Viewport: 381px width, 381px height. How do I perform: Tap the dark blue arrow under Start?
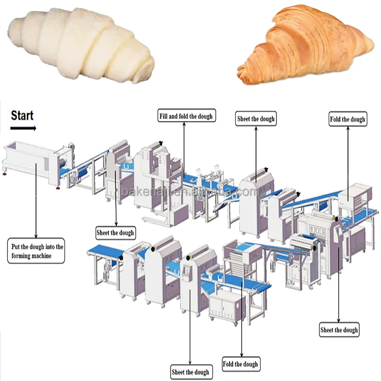pos(24,128)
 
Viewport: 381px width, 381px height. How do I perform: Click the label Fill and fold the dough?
pos(185,116)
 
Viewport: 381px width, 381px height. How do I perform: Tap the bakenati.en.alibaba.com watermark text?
pos(190,192)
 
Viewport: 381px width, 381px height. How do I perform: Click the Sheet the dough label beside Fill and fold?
pos(256,119)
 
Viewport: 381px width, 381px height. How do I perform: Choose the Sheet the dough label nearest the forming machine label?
pos(115,233)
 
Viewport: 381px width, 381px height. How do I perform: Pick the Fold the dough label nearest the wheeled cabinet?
pos(240,364)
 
